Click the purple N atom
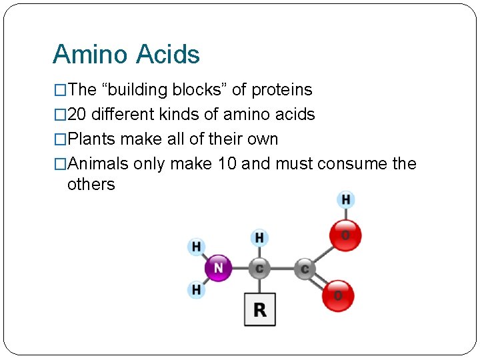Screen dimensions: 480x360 tap(218, 269)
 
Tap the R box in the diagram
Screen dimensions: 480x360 tap(259, 309)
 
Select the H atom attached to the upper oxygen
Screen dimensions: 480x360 tap(345, 199)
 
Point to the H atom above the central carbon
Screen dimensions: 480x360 tap(259, 237)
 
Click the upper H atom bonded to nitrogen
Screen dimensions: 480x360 tap(196, 247)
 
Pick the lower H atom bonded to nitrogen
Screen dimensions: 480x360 tap(196, 290)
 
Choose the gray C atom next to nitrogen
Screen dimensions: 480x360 tap(259, 269)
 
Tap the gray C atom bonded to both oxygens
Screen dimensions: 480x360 tap(305, 269)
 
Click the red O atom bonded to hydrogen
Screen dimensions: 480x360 tap(345, 235)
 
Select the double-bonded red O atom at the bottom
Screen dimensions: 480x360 tap(338, 295)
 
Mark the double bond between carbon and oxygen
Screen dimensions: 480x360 tap(320, 281)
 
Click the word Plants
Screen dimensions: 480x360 tap(92, 139)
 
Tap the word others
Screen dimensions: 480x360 tap(91, 184)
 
